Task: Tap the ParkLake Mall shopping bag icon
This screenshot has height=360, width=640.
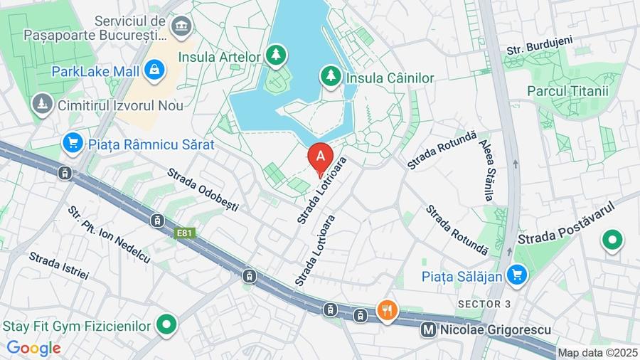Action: click(x=154, y=70)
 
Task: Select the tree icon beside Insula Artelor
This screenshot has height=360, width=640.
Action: click(x=276, y=54)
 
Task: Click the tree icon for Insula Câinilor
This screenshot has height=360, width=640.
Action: click(x=331, y=75)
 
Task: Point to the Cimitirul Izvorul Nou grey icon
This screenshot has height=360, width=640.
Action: click(x=43, y=105)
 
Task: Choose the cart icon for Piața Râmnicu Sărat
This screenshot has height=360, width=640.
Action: click(x=72, y=143)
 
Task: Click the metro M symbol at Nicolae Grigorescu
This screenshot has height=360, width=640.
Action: click(x=428, y=329)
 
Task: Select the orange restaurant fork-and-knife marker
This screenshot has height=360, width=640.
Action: click(x=388, y=310)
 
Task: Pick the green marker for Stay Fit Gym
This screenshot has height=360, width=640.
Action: click(x=166, y=325)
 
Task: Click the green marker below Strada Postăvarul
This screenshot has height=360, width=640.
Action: click(x=612, y=240)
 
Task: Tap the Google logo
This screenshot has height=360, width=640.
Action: click(x=33, y=348)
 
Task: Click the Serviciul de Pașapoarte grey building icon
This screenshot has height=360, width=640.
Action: click(x=182, y=27)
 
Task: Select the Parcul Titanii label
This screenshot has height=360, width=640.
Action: click(x=568, y=91)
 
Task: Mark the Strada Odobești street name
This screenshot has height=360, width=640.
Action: click(x=203, y=190)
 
